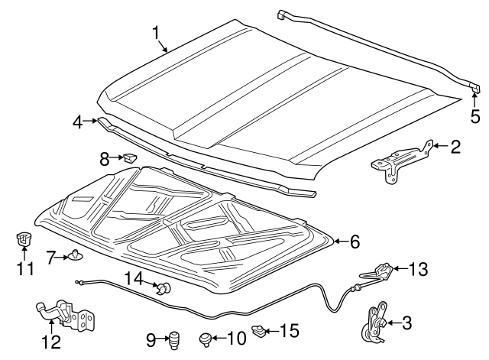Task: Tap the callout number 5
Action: click(x=474, y=117)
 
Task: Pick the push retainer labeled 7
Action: click(x=75, y=255)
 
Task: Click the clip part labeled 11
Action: click(x=21, y=239)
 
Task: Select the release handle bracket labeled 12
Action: click(x=66, y=314)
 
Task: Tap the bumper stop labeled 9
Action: click(x=173, y=341)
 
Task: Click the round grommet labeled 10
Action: click(x=206, y=339)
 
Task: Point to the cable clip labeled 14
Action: click(x=164, y=287)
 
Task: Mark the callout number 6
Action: click(x=355, y=242)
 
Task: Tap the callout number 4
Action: click(x=78, y=122)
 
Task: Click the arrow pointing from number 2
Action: click(x=440, y=146)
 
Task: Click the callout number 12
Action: click(x=51, y=342)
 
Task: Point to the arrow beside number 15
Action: click(x=271, y=330)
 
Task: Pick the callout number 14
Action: click(x=134, y=278)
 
